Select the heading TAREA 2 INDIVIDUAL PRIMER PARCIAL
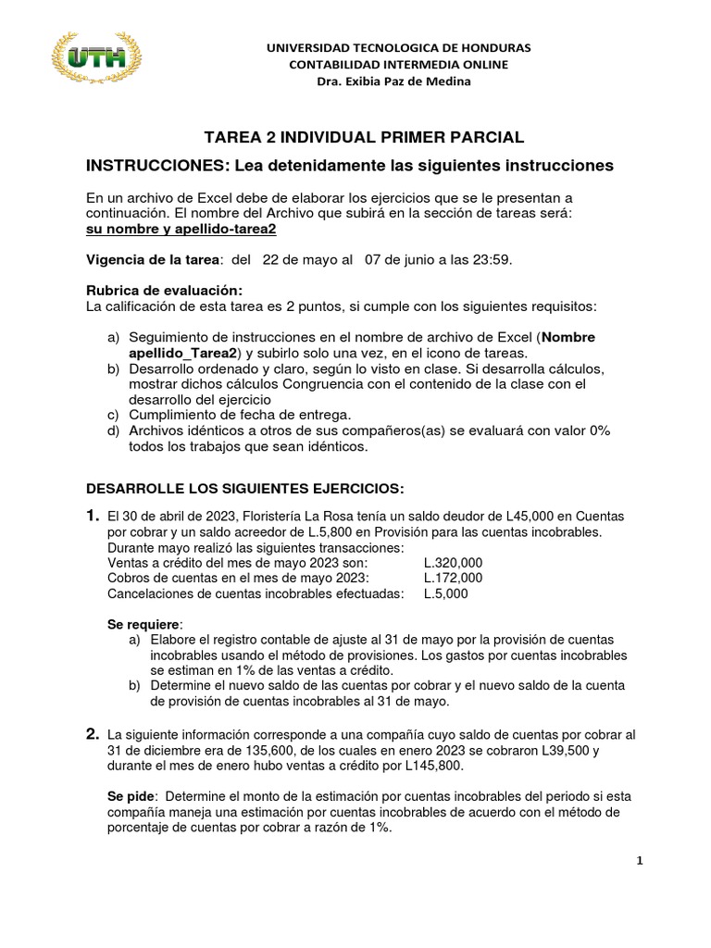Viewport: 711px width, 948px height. click(x=364, y=137)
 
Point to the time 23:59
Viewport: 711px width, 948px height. click(x=492, y=260)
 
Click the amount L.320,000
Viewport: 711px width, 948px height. click(x=454, y=562)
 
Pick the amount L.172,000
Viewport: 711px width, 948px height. click(x=454, y=578)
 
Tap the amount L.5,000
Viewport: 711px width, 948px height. click(x=446, y=593)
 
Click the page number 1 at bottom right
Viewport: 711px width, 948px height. click(x=639, y=861)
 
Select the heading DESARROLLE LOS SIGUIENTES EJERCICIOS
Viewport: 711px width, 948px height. click(x=244, y=487)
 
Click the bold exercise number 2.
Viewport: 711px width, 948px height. click(x=93, y=734)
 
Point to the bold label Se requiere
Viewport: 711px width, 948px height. click(x=145, y=625)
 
